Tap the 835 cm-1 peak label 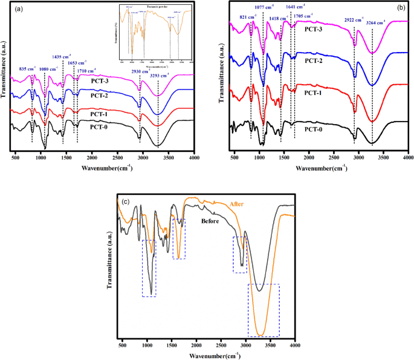(x=28, y=68)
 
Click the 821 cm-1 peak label (x=248, y=18)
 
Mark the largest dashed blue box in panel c (x=264, y=310)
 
